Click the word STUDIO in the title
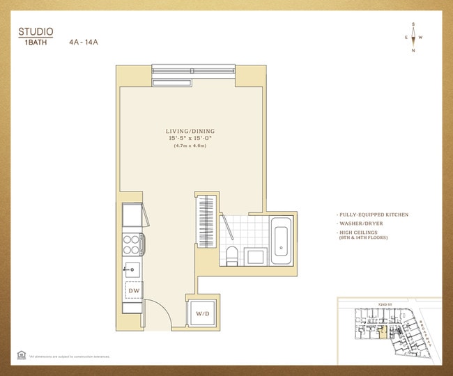pyautogui.click(x=36, y=31)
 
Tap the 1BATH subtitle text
pyautogui.click(x=31, y=42)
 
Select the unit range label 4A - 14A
pyautogui.click(x=84, y=42)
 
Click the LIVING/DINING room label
pyautogui.click(x=190, y=131)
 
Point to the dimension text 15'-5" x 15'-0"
pyautogui.click(x=190, y=139)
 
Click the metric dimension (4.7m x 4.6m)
pyautogui.click(x=190, y=146)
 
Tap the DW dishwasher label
pyautogui.click(x=133, y=290)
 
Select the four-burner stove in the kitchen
pyautogui.click(x=132, y=244)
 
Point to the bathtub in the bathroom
pyautogui.click(x=281, y=240)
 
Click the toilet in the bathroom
pyautogui.click(x=233, y=254)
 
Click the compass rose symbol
pyautogui.click(x=414, y=37)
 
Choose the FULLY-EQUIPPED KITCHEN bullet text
pyautogui.click(x=372, y=214)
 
